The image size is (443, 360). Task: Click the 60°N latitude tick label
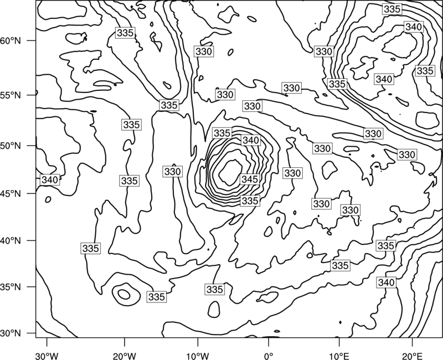(11, 40)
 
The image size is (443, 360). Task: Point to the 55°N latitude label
(11, 95)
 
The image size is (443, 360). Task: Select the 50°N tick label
(11, 146)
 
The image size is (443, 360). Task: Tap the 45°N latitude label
(11, 193)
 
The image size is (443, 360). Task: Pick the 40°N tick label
(11, 240)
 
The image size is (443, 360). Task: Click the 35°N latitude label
(11, 287)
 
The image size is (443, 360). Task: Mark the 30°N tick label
(11, 333)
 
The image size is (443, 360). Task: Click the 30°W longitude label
(47, 356)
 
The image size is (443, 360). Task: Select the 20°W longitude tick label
(124, 356)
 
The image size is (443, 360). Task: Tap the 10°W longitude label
(197, 356)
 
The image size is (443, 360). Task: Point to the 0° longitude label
(269, 356)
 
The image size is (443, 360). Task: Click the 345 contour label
(250, 179)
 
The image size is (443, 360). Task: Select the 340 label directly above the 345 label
(251, 140)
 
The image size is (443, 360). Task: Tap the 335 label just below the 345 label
(250, 200)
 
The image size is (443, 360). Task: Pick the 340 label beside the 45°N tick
(50, 179)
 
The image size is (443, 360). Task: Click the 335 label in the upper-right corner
(392, 9)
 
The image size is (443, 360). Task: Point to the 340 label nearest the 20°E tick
(386, 282)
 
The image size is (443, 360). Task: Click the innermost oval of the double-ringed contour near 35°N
(124, 295)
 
